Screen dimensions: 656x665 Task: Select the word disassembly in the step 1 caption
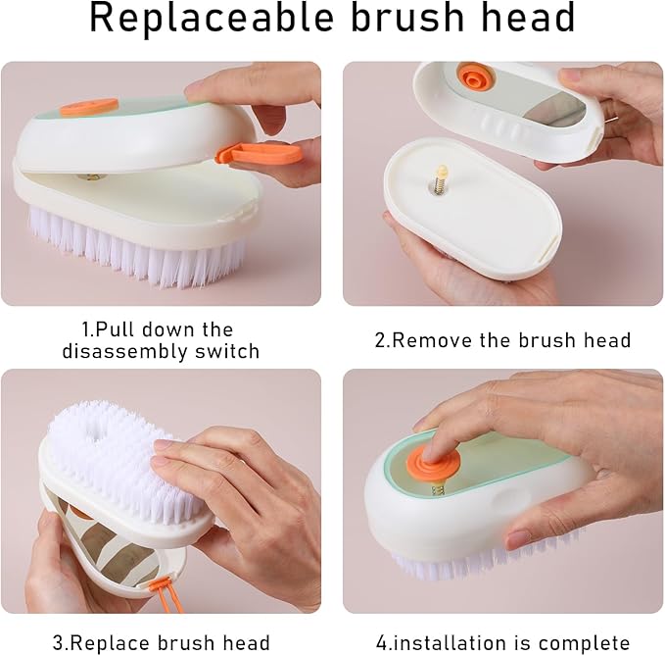click(119, 351)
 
